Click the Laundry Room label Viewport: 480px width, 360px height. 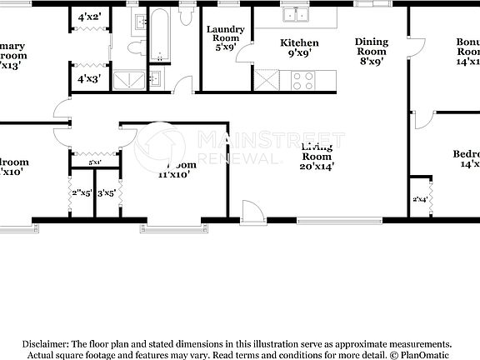pyautogui.click(x=225, y=34)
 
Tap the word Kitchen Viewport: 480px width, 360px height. pyautogui.click(x=299, y=42)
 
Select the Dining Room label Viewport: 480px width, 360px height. pyautogui.click(x=371, y=46)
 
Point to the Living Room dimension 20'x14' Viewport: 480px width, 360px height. pyautogui.click(x=317, y=167)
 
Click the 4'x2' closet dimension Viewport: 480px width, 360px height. pyautogui.click(x=89, y=17)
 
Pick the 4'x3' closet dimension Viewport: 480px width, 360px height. pyautogui.click(x=89, y=80)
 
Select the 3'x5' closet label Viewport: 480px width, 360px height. pyautogui.click(x=107, y=193)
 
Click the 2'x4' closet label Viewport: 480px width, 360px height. pyautogui.click(x=420, y=199)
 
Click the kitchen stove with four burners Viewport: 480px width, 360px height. pyautogui.click(x=302, y=81)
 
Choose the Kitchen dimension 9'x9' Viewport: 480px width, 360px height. pyautogui.click(x=299, y=54)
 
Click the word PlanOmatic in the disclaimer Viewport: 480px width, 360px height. pyautogui.click(x=428, y=354)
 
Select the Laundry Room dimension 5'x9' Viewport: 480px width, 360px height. pyautogui.click(x=225, y=47)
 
